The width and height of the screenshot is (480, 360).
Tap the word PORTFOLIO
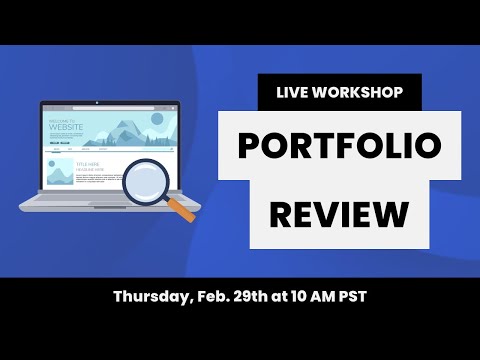(340, 147)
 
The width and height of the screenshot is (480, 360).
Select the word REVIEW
(340, 212)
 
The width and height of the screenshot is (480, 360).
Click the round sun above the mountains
(154, 119)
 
